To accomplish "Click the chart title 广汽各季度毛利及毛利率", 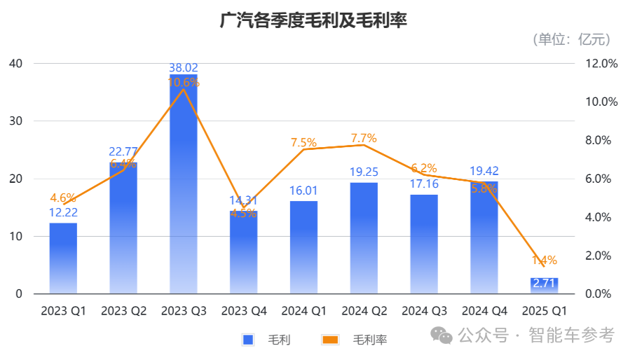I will click(x=313, y=20).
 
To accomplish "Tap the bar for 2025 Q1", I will click(x=544, y=286).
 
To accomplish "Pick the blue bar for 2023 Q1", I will click(x=63, y=259).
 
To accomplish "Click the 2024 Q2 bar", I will click(x=364, y=238).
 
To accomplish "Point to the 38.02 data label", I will click(x=184, y=69).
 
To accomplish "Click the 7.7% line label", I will click(x=363, y=138).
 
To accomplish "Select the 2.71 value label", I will click(x=544, y=284).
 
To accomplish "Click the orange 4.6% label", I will click(x=63, y=198).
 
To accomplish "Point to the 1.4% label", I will click(x=544, y=261).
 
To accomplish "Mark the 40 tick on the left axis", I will click(x=15, y=64).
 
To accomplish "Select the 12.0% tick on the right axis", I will click(x=601, y=64).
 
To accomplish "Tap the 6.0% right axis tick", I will click(x=601, y=179).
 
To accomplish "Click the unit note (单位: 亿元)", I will click(x=571, y=39).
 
